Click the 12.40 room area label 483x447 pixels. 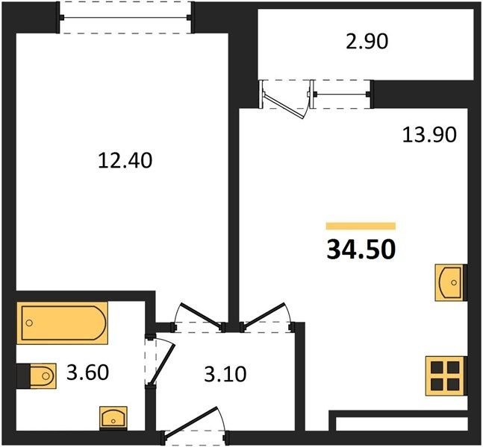pos(125,160)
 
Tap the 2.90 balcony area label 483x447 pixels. pos(367,42)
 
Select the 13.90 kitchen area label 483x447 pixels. pos(429,135)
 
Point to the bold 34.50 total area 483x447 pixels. pos(361,250)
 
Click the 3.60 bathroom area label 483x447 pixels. pos(88,372)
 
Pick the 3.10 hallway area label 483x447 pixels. pos(225,374)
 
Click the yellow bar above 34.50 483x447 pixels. pos(361,226)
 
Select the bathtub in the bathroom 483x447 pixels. pos(62,323)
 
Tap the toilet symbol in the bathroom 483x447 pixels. pos(43,375)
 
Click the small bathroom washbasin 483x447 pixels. pos(113,418)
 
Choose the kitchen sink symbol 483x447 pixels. pos(449,282)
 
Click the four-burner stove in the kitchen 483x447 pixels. pos(445,375)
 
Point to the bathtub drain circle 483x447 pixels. pos(29,323)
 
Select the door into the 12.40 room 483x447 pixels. pos(202,316)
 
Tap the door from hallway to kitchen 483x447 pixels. pos(264,315)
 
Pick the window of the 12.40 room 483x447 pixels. pos(125,18)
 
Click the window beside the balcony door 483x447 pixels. pos(342,94)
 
